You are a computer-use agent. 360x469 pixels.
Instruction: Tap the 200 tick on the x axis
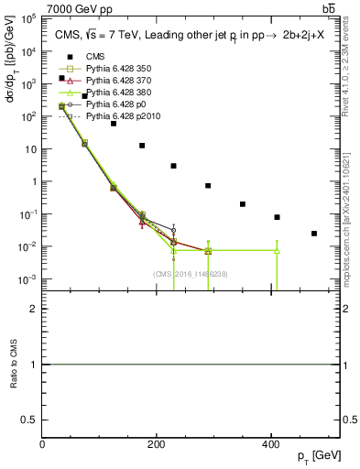[157, 444]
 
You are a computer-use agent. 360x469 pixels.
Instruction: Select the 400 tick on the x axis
[270, 444]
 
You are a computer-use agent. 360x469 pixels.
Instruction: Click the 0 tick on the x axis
[43, 444]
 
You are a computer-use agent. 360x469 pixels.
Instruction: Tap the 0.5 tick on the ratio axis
[34, 420]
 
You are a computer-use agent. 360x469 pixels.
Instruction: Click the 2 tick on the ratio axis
[37, 309]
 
